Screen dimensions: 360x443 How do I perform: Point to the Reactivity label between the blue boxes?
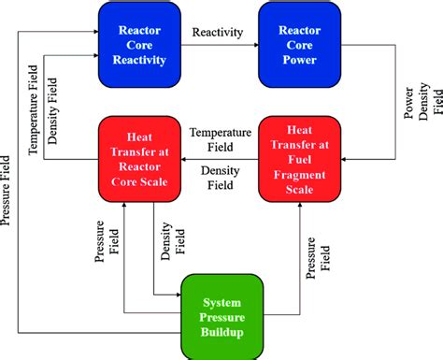point(217,33)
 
